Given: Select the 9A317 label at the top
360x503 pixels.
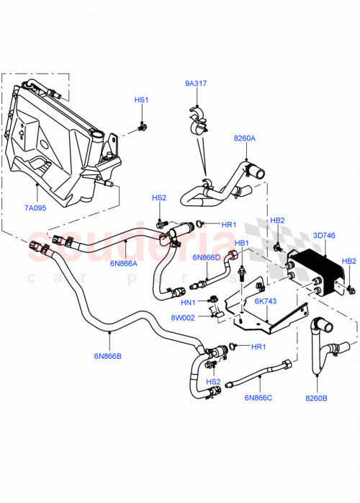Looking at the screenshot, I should tap(194, 83).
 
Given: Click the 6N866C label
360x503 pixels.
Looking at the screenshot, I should tap(258, 397).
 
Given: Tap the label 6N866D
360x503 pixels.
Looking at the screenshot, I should tap(206, 257).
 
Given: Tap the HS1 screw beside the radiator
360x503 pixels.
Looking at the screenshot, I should tap(143, 128).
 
